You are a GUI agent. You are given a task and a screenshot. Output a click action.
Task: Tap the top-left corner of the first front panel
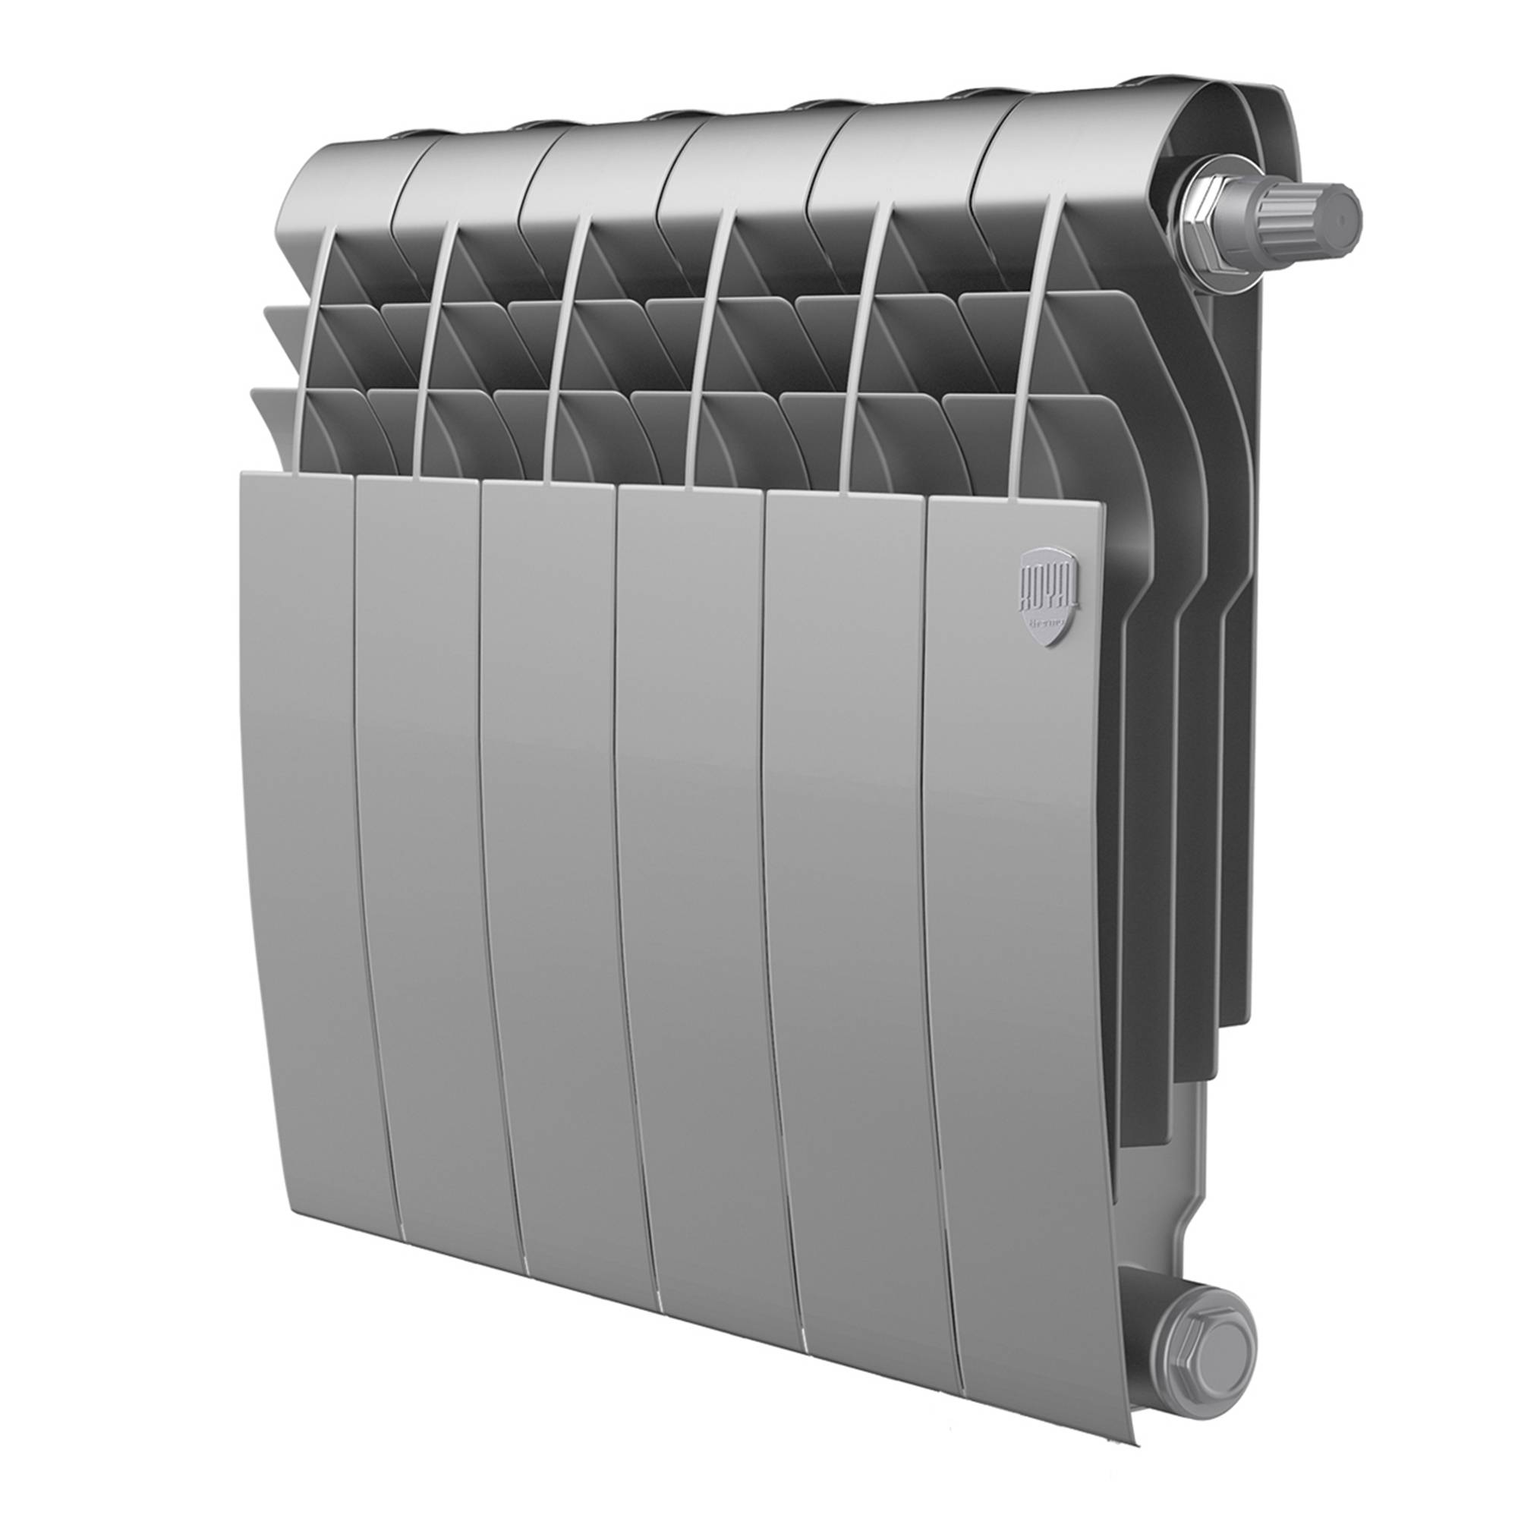[245, 475]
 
